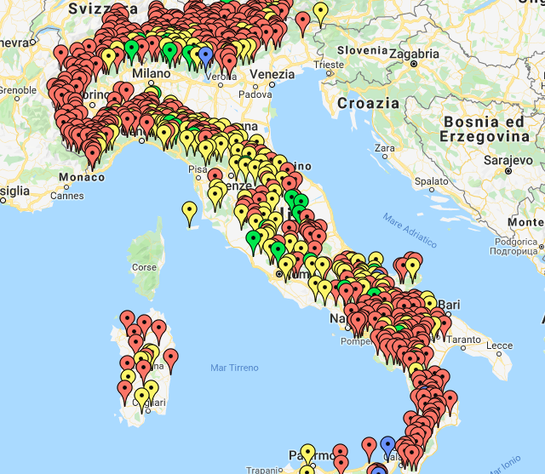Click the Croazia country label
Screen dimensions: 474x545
368,103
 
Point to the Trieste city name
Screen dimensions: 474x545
329,65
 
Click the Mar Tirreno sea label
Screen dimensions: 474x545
234,368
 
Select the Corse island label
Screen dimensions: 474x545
144,267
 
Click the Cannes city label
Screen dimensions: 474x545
67,195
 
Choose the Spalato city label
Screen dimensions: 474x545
432,181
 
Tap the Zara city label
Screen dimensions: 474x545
385,148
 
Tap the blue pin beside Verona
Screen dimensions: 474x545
205,54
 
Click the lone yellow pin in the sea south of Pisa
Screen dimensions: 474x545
189,210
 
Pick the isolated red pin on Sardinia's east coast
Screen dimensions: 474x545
170,357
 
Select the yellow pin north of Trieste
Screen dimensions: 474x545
320,12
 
